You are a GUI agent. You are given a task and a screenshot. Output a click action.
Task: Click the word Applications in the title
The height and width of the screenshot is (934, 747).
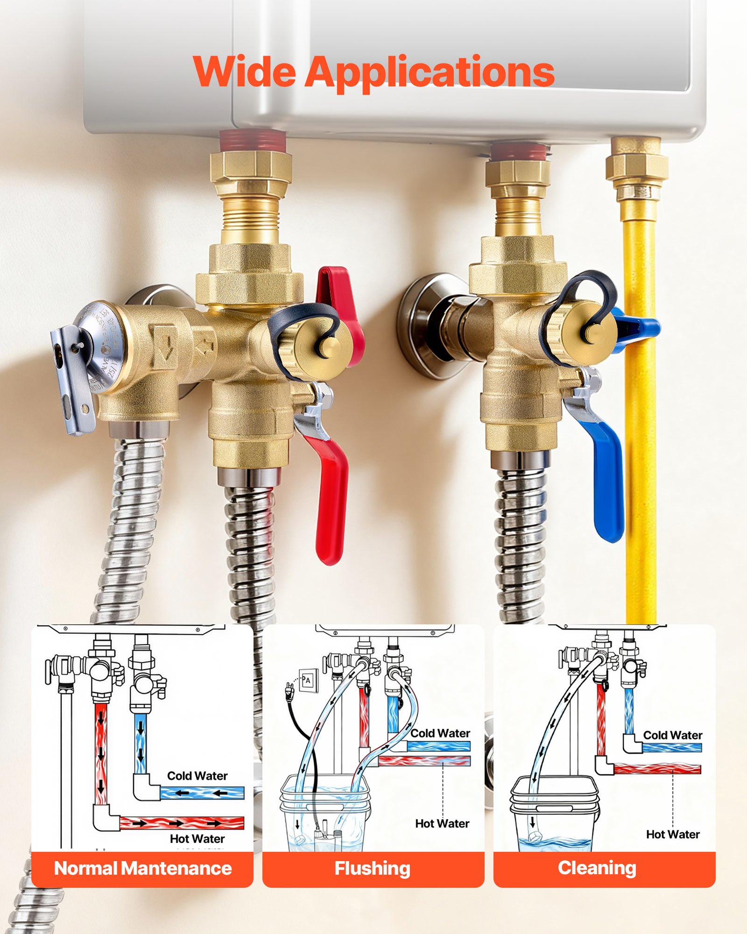[430, 72]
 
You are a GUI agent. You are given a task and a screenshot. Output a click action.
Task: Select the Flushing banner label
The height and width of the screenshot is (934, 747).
[373, 868]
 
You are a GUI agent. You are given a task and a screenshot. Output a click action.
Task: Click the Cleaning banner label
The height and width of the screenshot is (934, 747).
[597, 868]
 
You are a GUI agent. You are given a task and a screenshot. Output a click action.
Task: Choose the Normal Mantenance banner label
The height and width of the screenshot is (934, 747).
[143, 868]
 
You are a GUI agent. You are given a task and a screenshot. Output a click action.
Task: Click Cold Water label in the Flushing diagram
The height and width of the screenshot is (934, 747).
[440, 733]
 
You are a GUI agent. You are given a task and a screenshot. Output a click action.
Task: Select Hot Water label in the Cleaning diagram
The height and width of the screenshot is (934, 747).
[673, 834]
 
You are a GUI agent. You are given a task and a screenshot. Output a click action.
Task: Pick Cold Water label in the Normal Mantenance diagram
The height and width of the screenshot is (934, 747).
[197, 776]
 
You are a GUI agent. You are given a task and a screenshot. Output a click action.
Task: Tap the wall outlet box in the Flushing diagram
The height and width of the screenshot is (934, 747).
[308, 680]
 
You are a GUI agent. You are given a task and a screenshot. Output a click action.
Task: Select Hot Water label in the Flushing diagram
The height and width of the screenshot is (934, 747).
[442, 823]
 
